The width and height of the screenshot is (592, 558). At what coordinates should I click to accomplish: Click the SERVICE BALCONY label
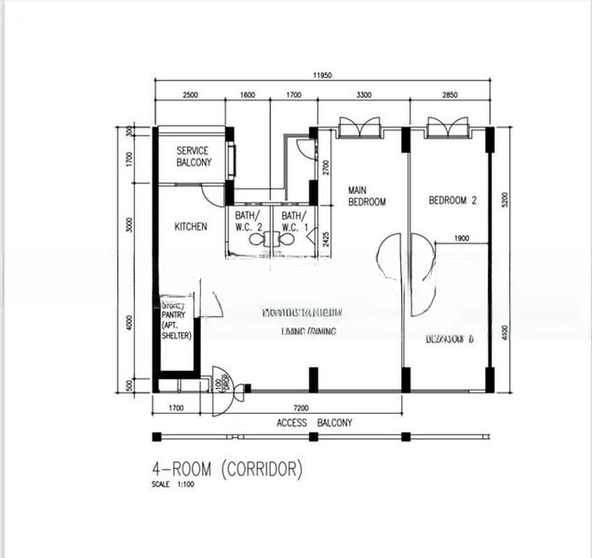click(194, 156)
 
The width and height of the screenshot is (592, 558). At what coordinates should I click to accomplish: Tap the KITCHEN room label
click(191, 227)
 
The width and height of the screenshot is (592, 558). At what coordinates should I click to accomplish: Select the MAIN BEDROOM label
click(367, 196)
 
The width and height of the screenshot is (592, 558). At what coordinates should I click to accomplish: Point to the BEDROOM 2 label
click(452, 200)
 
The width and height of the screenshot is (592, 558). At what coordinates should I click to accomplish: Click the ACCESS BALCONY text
click(314, 423)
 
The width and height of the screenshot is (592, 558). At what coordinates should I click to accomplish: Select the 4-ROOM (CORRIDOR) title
click(227, 470)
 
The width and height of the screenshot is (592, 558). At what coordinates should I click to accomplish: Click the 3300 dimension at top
click(358, 95)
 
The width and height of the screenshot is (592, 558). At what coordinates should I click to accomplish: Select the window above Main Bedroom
click(358, 127)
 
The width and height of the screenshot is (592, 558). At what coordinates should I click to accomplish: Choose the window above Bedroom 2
click(448, 127)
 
